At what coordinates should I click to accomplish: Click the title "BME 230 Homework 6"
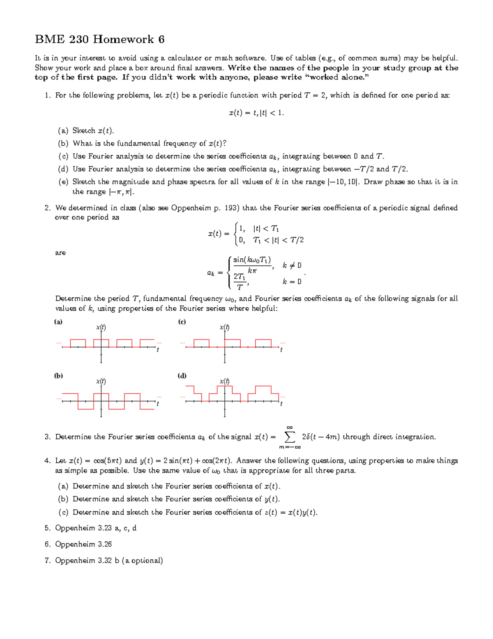tap(100, 40)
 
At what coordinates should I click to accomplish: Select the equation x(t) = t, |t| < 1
tap(256, 113)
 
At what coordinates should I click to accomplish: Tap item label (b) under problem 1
tap(63, 144)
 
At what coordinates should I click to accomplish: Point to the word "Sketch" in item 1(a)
tap(84, 131)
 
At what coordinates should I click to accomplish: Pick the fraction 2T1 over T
tap(240, 282)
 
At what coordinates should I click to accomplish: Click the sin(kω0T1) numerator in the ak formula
tap(252, 260)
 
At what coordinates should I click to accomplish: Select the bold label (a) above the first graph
tap(58, 322)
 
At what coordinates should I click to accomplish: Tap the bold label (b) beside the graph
tap(58, 376)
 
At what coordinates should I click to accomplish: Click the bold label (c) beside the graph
tap(182, 322)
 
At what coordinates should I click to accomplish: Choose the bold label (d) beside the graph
tap(182, 376)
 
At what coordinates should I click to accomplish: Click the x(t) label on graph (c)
tap(224, 328)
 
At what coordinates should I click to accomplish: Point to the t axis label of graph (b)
tap(158, 404)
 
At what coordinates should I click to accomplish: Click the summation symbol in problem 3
tap(290, 437)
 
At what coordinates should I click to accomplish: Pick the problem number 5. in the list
tap(47, 528)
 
